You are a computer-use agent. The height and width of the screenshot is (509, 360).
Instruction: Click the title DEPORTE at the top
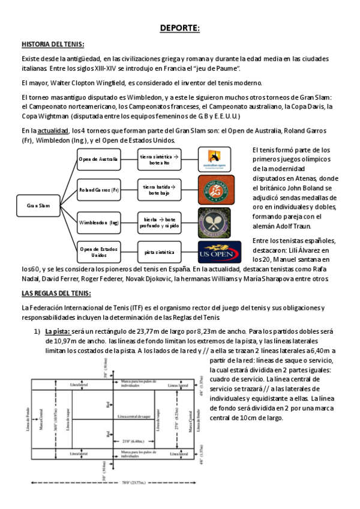click(180, 28)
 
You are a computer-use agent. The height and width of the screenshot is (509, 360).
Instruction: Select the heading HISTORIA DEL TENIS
click(53, 45)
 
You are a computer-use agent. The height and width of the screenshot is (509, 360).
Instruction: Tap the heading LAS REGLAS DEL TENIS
click(56, 293)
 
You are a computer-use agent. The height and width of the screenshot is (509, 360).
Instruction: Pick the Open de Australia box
click(99, 159)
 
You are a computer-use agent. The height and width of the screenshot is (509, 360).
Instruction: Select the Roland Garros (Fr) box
click(99, 190)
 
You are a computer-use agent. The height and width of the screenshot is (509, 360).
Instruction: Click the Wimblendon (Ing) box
click(99, 222)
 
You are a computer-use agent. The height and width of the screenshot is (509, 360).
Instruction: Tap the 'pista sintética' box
click(160, 252)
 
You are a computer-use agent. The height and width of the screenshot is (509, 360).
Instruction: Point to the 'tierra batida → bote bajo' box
click(160, 190)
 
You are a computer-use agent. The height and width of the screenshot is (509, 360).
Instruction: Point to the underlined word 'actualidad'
click(53, 130)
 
